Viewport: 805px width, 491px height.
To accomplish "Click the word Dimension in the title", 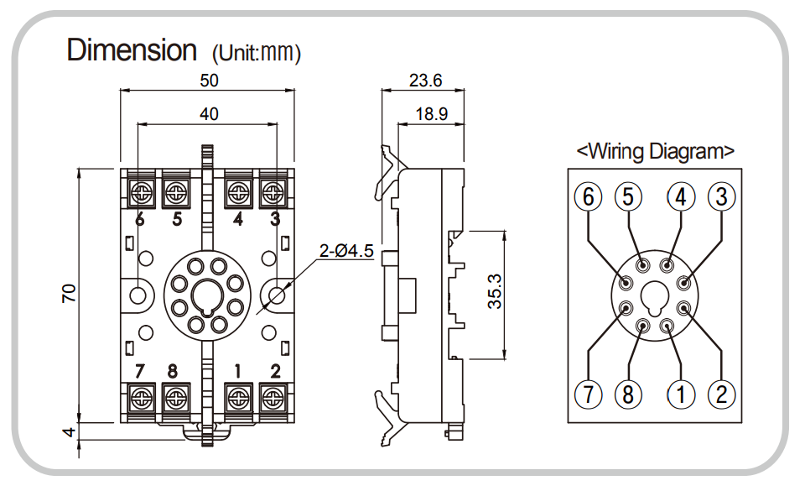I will click(x=132, y=50).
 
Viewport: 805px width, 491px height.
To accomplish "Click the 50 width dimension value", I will click(x=209, y=81).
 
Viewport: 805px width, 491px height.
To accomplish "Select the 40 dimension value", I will click(x=209, y=113).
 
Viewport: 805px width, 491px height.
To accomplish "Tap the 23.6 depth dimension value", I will click(x=425, y=81).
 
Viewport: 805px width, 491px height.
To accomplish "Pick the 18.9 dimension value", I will click(x=432, y=114).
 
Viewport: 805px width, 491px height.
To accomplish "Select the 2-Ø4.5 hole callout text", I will click(x=346, y=251).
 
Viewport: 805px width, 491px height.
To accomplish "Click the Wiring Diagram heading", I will click(x=656, y=151).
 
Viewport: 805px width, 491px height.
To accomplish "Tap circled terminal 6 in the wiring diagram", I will click(x=588, y=197).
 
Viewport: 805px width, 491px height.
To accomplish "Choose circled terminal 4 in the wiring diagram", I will click(x=681, y=197).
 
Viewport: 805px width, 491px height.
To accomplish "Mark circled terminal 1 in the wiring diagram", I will click(x=681, y=393).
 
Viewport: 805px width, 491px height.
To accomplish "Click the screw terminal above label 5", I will click(x=176, y=193).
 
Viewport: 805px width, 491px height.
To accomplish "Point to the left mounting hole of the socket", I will click(x=140, y=294).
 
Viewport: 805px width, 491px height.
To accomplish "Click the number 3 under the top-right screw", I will click(x=274, y=220).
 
